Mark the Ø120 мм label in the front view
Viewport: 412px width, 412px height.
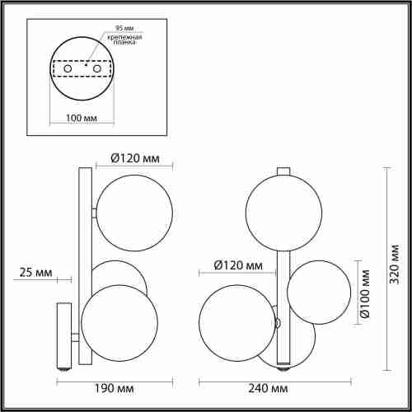tap(237, 265)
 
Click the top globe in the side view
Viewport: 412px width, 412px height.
tap(135, 213)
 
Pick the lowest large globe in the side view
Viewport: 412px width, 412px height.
tap(119, 323)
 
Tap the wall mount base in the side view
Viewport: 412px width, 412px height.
tap(62, 335)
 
